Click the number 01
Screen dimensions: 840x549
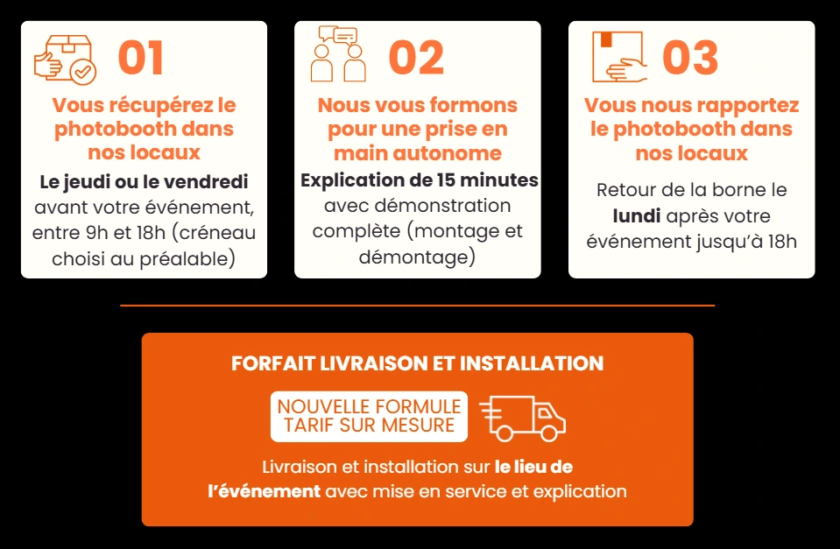[141, 58]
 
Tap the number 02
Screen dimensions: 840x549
[416, 58]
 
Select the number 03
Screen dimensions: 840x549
[690, 58]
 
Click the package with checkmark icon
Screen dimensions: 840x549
[65, 60]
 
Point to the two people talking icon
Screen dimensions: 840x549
[338, 53]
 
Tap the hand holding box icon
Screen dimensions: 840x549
[619, 57]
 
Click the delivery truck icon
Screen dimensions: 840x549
[522, 419]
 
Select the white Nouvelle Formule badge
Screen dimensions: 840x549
[369, 416]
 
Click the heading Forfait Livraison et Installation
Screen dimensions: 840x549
[417, 363]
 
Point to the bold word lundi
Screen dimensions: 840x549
[637, 216]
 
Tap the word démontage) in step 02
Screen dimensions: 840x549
[417, 257]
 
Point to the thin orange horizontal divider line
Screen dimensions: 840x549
[417, 306]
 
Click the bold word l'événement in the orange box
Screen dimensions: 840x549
[265, 491]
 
